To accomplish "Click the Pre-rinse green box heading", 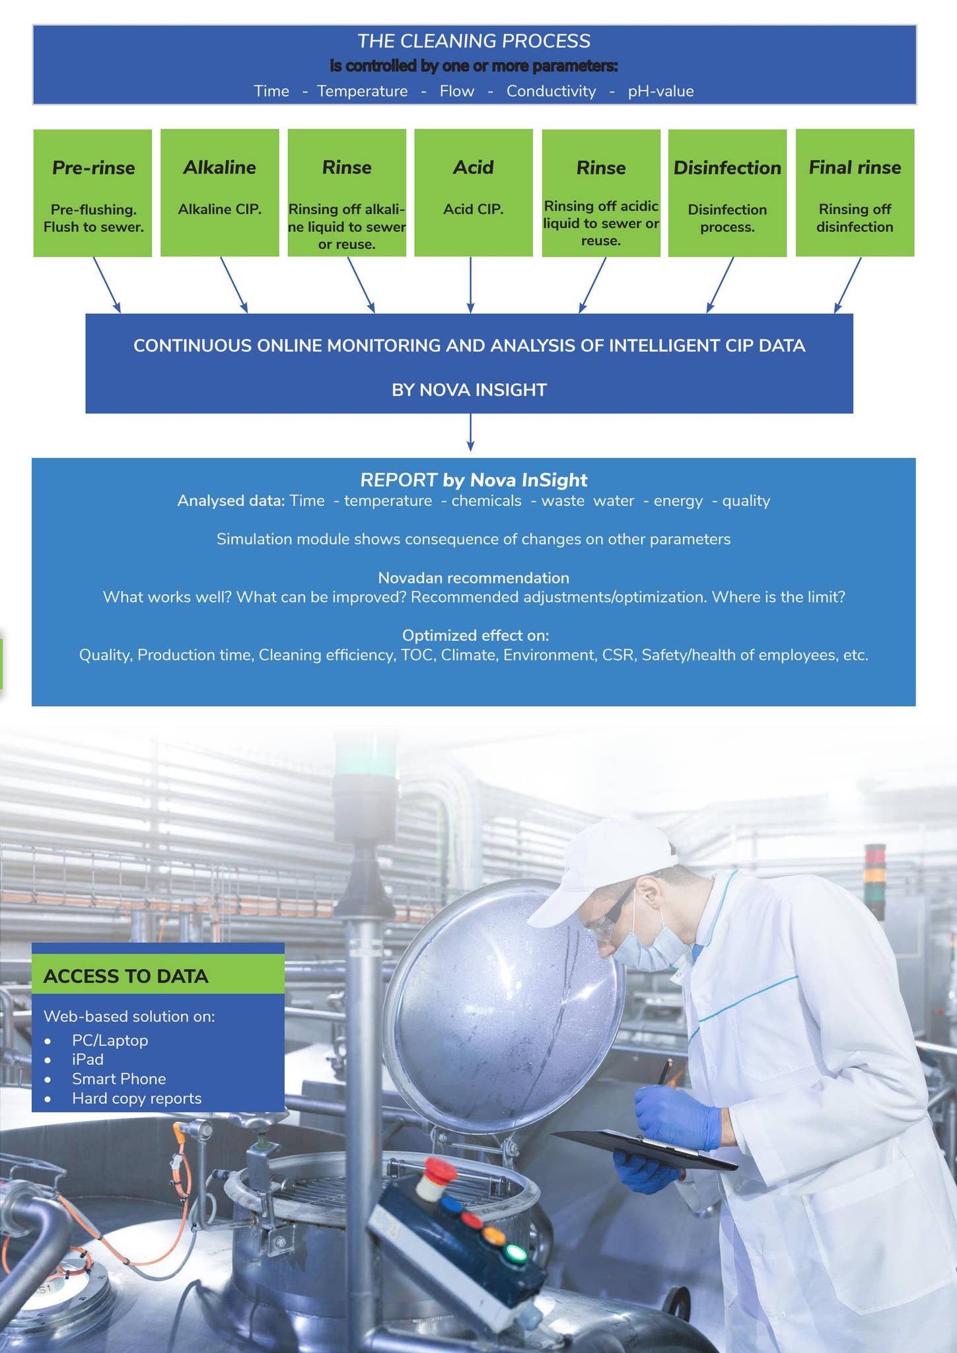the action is [x=93, y=168].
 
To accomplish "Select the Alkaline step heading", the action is [x=219, y=167].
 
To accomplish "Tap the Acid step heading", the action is [x=473, y=167].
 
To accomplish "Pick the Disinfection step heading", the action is [x=727, y=168].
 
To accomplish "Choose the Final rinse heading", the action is [x=855, y=167].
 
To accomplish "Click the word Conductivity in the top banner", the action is [x=551, y=91].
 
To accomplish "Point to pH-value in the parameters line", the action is [x=660, y=91].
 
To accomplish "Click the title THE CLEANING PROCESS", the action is [x=474, y=41].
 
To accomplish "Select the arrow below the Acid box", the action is [x=470, y=285].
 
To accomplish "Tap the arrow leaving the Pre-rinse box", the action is [x=106, y=285].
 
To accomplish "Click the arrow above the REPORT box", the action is [x=470, y=433].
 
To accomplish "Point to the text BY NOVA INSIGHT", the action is [x=469, y=390].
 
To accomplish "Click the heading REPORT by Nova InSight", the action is [x=474, y=480].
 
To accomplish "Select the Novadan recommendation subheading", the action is [x=474, y=578].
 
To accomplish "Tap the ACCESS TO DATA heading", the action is [x=125, y=976].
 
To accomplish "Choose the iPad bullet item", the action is [x=88, y=1059].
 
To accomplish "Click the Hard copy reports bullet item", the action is [x=137, y=1098].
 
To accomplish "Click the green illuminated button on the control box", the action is [x=515, y=1253].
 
